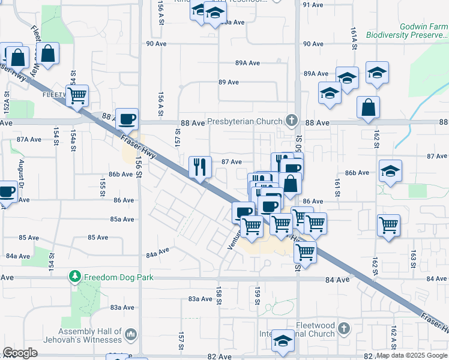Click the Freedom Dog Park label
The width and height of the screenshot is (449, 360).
119,277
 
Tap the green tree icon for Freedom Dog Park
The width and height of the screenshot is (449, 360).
75,277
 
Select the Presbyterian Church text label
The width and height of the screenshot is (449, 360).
244,121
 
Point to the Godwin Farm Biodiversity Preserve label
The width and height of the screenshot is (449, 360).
424,31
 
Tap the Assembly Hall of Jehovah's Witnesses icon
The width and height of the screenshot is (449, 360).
132,334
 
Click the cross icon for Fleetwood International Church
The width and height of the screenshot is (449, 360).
343,328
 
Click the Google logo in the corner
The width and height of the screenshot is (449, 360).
20,353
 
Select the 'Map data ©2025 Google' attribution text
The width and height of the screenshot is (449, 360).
412,356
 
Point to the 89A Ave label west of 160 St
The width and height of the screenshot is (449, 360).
247,63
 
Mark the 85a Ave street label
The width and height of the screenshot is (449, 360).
122,219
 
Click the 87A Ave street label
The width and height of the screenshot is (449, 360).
29,139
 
